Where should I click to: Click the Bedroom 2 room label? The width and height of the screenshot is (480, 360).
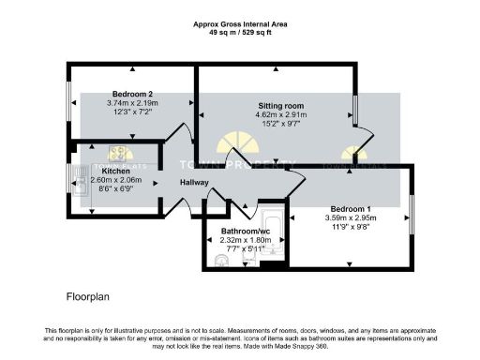point(132,94)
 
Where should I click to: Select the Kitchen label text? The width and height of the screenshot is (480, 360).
point(116,172)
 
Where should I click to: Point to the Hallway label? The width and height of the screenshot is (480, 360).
point(194,183)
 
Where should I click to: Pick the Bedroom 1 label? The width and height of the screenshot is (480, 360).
point(350,208)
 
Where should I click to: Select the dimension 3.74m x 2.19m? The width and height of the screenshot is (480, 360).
point(132,103)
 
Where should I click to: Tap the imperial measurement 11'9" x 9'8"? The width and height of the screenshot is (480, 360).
point(350,227)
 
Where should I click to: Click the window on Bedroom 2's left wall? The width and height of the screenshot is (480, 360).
point(68,101)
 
